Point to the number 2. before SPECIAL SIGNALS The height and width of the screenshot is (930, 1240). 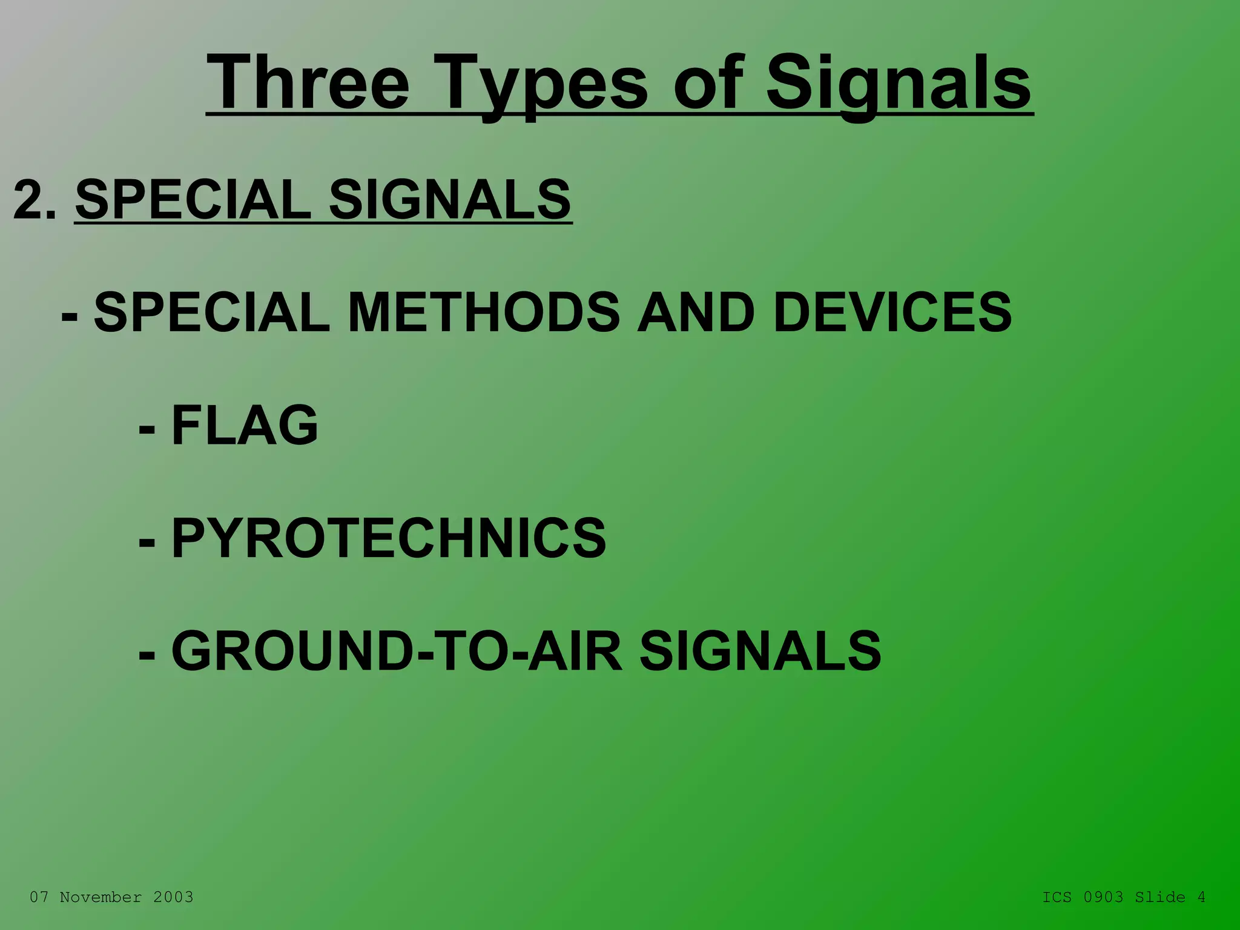(35, 199)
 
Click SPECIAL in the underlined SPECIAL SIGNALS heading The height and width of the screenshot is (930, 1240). (193, 199)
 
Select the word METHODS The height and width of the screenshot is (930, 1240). (484, 312)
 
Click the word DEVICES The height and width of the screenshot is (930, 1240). (892, 312)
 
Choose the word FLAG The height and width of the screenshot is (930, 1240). (245, 425)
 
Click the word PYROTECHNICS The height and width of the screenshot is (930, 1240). (388, 538)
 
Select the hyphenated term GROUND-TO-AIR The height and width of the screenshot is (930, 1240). (397, 651)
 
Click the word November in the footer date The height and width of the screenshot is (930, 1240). (101, 897)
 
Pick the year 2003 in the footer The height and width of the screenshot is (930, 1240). (173, 897)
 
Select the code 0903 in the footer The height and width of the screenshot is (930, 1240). (1103, 897)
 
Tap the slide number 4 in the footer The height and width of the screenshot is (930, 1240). (1201, 897)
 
